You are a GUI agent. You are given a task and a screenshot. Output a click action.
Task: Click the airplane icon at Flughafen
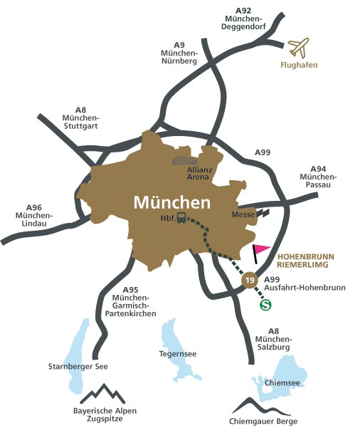(x=300, y=48)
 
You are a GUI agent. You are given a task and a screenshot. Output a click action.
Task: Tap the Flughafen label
(x=300, y=70)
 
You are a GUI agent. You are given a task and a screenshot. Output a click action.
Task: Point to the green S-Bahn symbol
(x=266, y=304)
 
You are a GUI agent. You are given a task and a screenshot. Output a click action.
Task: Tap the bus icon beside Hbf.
(x=181, y=218)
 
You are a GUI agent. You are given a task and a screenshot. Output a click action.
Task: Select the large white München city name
(x=171, y=202)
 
